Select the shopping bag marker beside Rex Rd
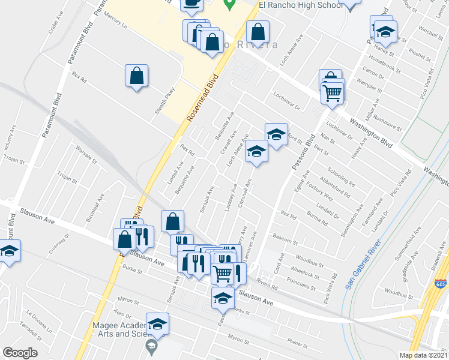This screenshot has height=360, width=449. (137, 76)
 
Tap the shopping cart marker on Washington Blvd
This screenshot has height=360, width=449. (332, 93)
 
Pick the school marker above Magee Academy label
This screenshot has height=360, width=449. (157, 325)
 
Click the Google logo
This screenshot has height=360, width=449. (20, 352)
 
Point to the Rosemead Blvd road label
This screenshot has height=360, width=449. (203, 97)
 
